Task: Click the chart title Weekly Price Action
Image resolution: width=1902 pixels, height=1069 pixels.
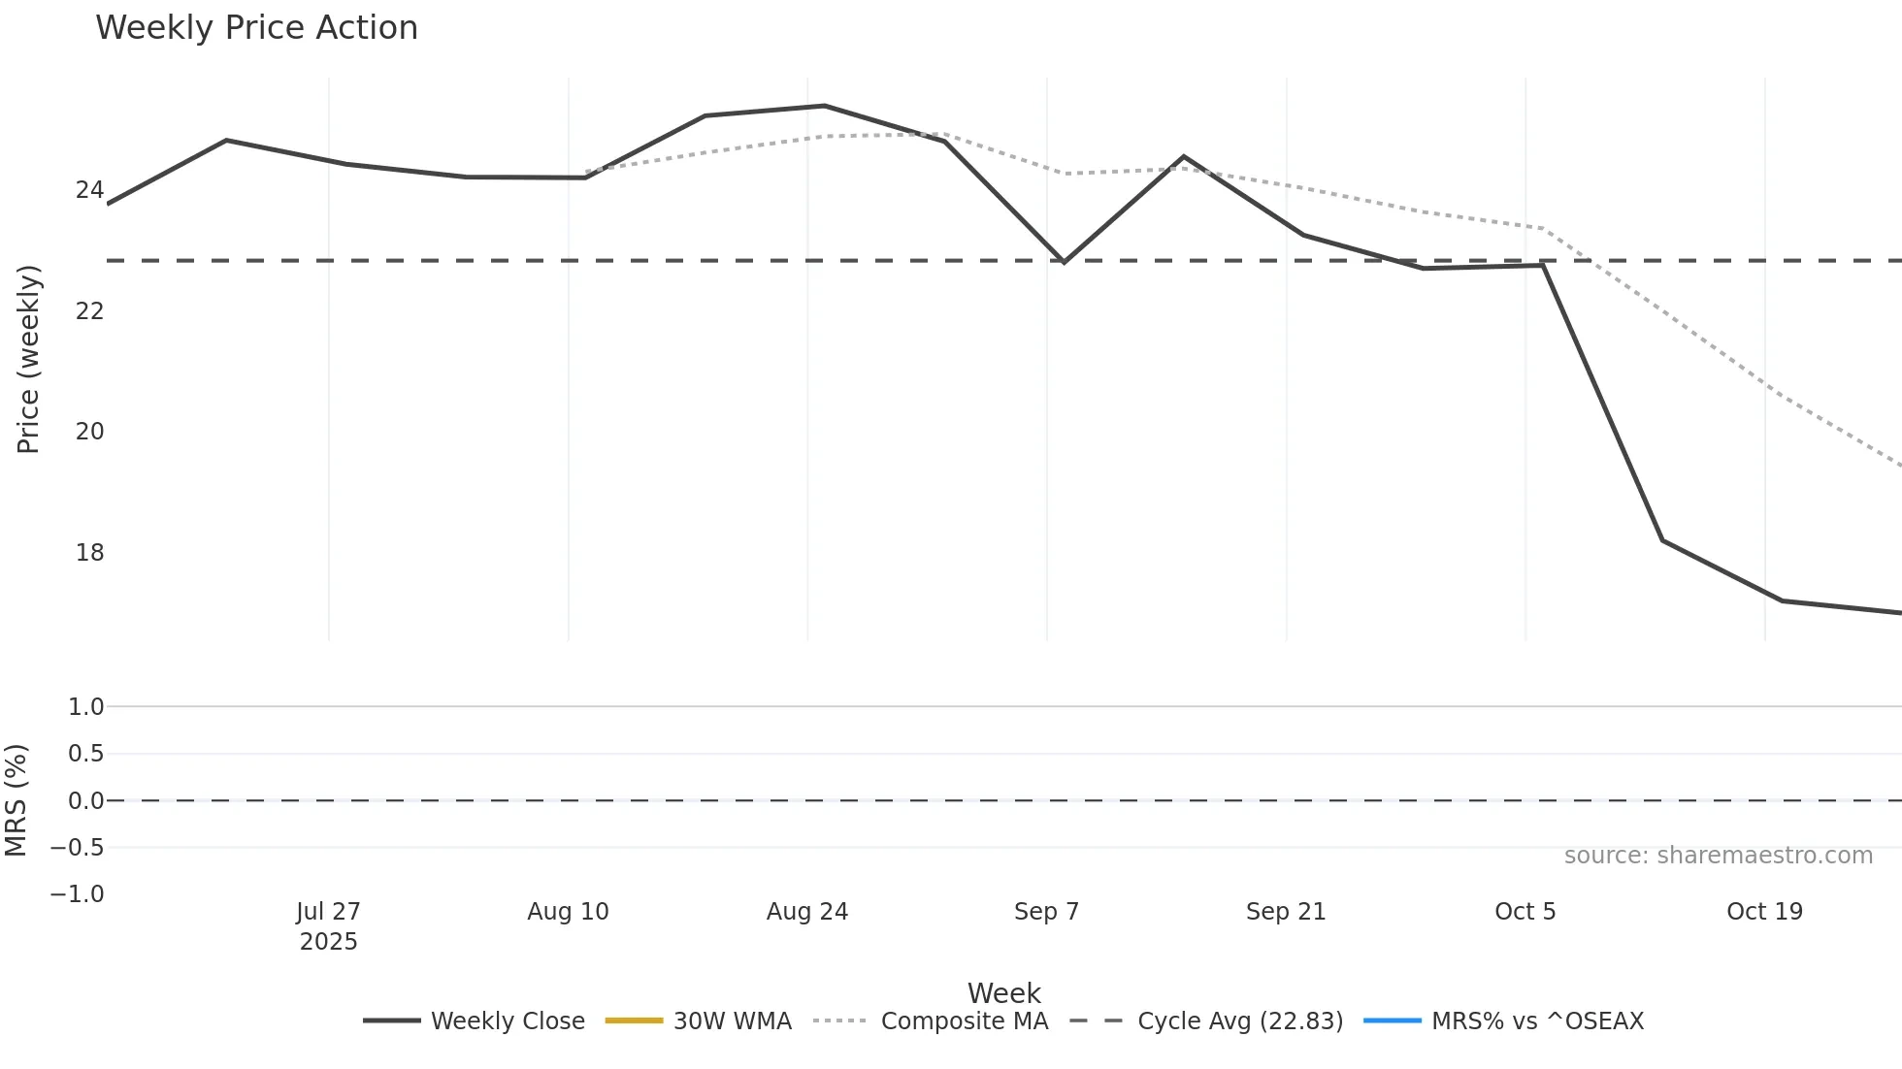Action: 256,28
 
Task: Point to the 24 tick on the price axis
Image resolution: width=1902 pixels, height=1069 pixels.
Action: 89,189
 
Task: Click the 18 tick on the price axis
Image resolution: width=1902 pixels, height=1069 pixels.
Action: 89,553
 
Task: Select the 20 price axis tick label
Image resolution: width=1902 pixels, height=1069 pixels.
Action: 89,432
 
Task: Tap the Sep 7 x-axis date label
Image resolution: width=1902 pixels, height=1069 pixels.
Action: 1046,912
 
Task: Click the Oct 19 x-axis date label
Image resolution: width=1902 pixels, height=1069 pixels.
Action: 1764,912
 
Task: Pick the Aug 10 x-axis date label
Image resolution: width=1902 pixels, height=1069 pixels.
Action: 568,912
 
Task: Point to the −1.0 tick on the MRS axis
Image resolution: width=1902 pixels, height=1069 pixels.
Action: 78,894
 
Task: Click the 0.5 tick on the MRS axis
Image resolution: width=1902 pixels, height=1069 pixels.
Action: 85,754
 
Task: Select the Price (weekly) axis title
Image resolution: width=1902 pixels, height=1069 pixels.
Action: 29,359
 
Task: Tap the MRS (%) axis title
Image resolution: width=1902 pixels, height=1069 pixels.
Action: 16,800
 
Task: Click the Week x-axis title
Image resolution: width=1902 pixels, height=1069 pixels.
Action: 1003,993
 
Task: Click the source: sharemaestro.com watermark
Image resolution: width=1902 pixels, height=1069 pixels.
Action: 1718,856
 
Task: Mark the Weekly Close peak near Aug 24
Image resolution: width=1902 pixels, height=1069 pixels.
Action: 825,106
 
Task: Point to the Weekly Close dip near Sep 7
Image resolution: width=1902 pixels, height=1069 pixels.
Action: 1065,262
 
